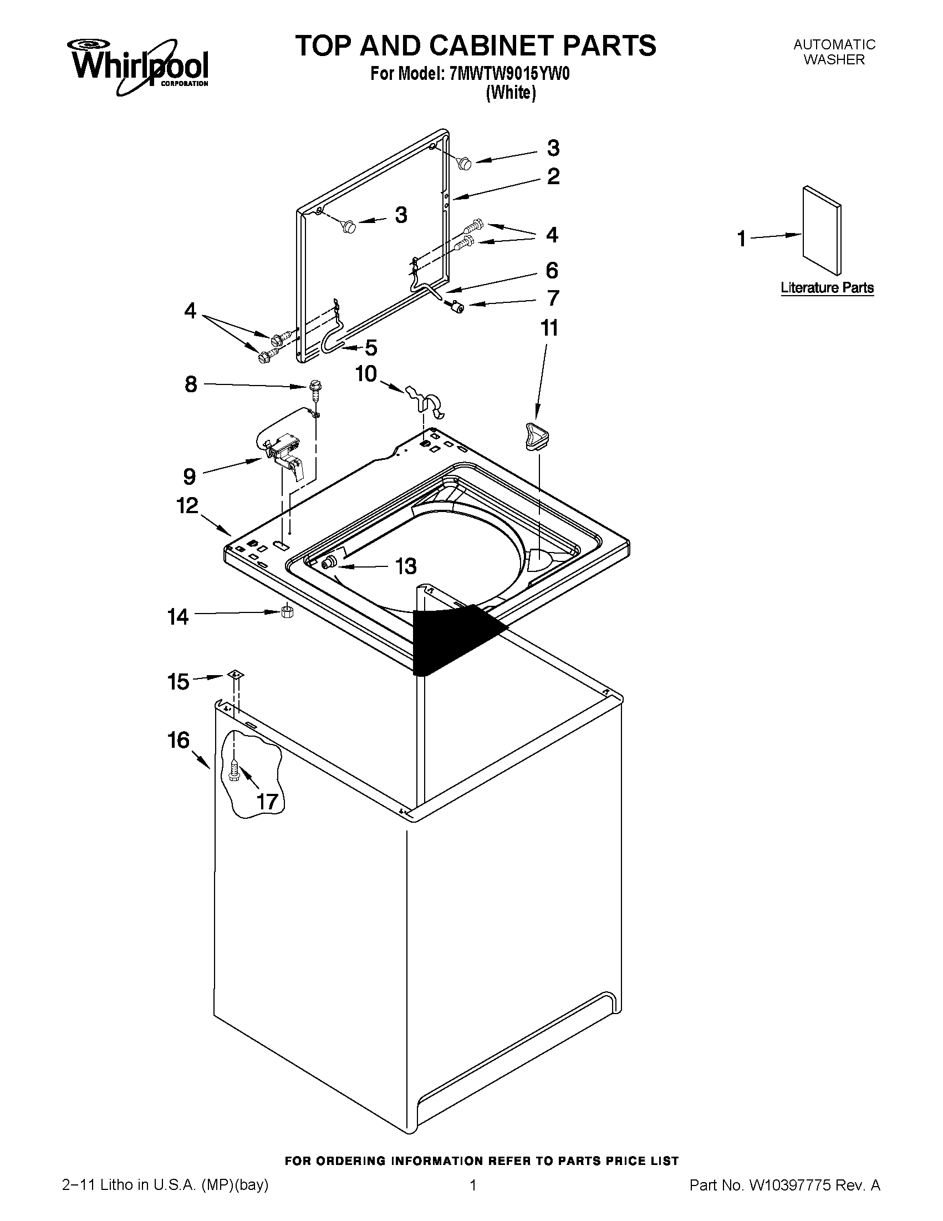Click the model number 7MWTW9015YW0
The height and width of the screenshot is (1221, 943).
(509, 74)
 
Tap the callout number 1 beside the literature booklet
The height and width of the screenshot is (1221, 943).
(741, 239)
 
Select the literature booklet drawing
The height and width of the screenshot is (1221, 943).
(821, 230)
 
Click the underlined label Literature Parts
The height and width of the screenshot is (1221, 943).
(827, 288)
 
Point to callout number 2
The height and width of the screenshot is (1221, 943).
(553, 176)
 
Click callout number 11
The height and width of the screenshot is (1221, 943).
(549, 328)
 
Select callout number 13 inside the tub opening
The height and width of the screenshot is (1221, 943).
(406, 566)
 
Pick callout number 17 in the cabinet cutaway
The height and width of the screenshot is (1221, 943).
(267, 802)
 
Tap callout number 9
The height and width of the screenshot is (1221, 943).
(190, 477)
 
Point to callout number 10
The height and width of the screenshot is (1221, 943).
(366, 373)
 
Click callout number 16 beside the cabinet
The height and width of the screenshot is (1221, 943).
(179, 740)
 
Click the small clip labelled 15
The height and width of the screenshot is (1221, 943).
(236, 674)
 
